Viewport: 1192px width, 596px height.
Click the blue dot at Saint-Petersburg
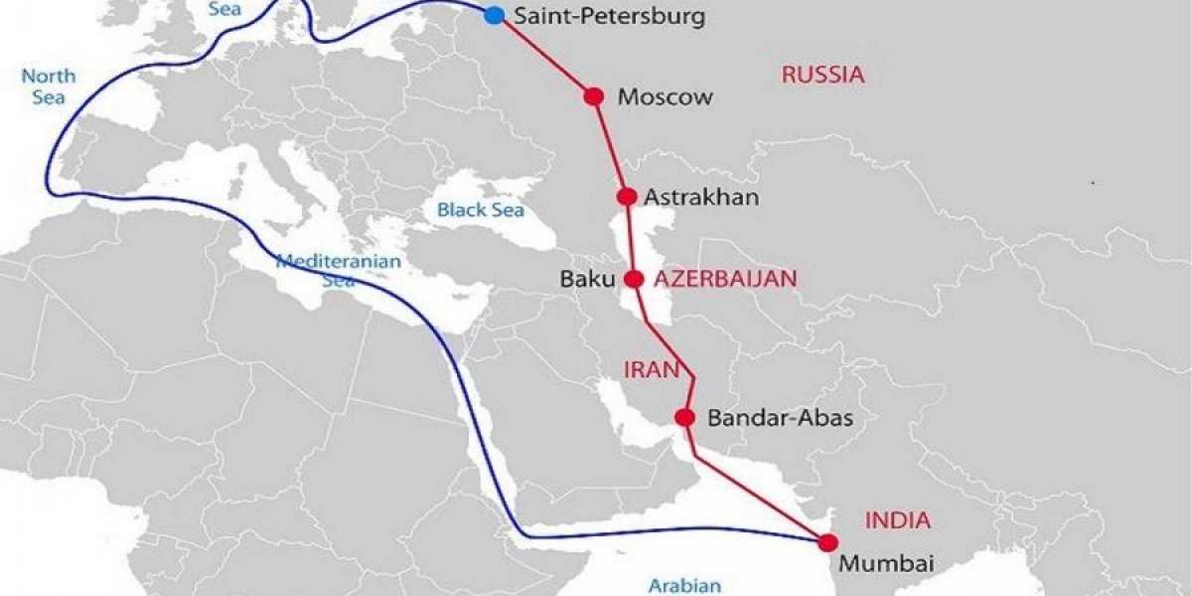(494, 15)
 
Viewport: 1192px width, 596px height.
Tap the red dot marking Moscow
(594, 96)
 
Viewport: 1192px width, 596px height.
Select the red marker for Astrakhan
(627, 197)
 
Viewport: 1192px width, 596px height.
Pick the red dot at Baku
(634, 279)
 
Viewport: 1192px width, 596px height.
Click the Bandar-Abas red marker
(684, 418)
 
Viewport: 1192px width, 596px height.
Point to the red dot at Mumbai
(825, 542)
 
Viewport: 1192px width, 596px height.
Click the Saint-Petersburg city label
(608, 17)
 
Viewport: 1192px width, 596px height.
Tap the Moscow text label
(665, 97)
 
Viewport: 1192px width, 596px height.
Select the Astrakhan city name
(701, 198)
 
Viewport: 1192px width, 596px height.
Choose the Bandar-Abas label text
(780, 419)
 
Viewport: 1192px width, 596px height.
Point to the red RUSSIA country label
(822, 74)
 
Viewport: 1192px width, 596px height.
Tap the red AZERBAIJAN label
(725, 279)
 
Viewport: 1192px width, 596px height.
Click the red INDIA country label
(897, 520)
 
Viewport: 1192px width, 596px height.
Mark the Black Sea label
(481, 211)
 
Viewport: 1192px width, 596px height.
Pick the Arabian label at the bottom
(683, 585)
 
